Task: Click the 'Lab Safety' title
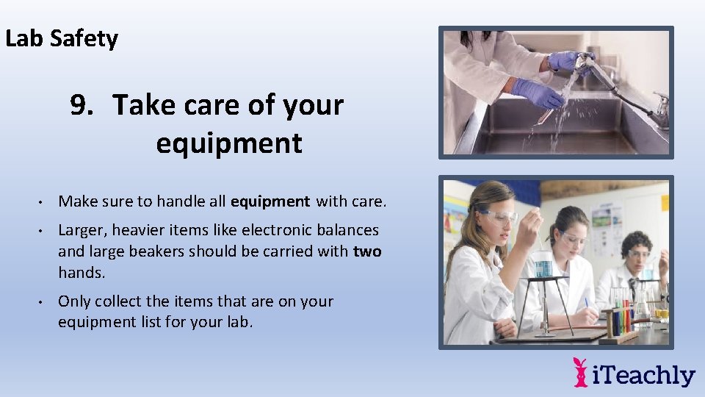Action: (62, 38)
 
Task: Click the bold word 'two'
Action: (366, 251)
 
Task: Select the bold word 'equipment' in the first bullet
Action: (270, 201)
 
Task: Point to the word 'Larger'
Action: (82, 231)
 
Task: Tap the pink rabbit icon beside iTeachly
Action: (580, 372)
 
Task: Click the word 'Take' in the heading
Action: (141, 106)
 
